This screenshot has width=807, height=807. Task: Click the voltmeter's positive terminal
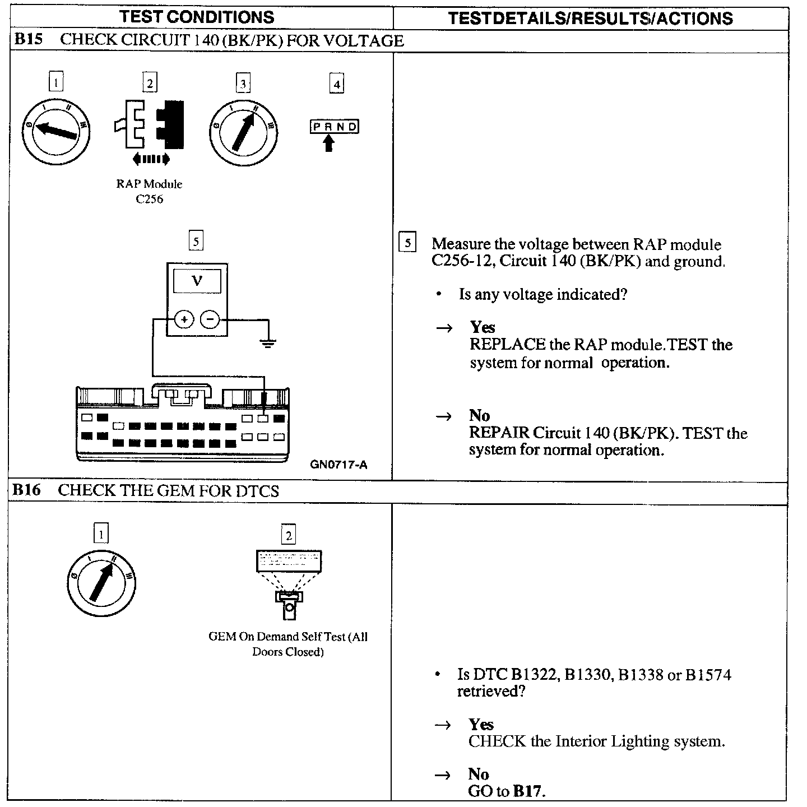click(x=184, y=320)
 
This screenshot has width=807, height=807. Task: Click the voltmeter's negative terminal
click(x=210, y=320)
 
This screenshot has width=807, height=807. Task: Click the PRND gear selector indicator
click(x=334, y=127)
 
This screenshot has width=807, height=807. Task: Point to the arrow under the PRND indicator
click(x=329, y=143)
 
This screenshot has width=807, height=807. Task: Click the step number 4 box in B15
click(x=336, y=84)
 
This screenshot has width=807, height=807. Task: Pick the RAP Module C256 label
click(x=150, y=191)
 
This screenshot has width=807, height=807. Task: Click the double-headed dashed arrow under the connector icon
click(x=151, y=160)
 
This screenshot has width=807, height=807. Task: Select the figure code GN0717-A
click(x=338, y=464)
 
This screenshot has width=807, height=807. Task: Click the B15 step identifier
click(x=28, y=40)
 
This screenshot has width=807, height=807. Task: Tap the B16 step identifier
click(x=27, y=490)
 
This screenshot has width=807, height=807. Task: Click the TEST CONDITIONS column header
click(x=197, y=17)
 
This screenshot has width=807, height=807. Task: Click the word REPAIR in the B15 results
click(x=499, y=433)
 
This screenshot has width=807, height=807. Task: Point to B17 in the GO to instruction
click(x=528, y=791)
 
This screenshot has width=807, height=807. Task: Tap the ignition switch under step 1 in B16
click(x=101, y=583)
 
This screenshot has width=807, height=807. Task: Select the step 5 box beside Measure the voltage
click(x=407, y=243)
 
